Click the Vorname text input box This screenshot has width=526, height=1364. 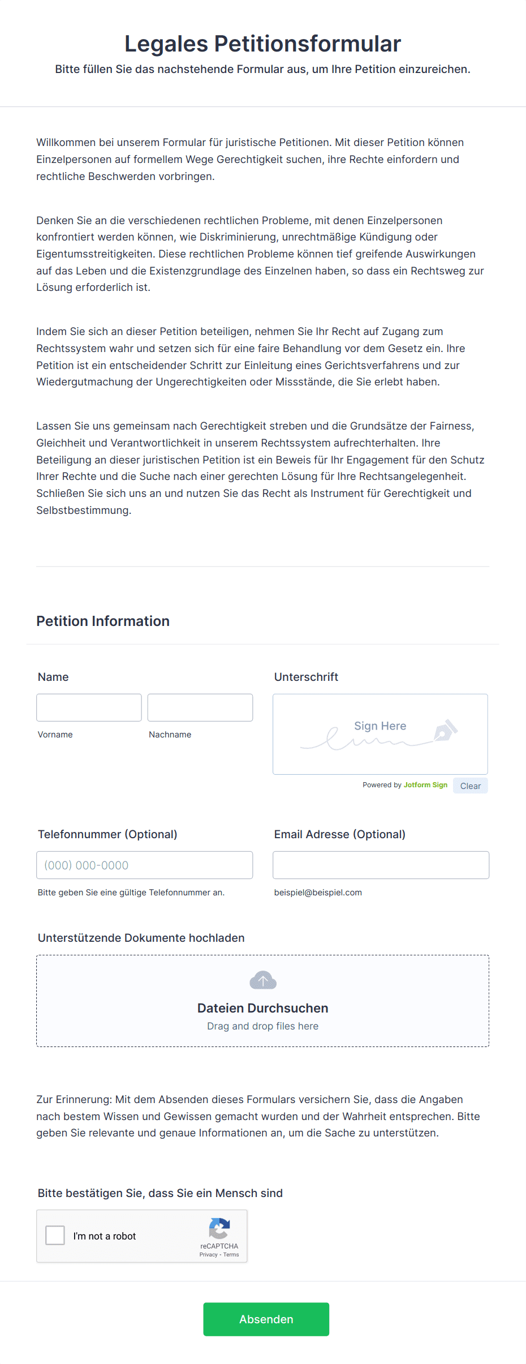click(x=89, y=707)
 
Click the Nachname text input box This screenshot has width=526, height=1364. click(x=200, y=707)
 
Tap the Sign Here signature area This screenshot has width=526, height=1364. click(x=380, y=734)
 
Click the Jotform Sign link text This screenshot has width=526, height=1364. click(x=425, y=785)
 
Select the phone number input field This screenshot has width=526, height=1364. click(x=144, y=865)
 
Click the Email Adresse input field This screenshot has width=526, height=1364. click(x=381, y=865)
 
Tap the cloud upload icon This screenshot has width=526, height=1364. click(x=263, y=980)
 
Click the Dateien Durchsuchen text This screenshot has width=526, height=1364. click(x=263, y=1008)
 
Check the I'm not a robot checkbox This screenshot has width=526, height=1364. click(x=55, y=1235)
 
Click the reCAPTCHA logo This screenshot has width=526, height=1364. click(x=219, y=1228)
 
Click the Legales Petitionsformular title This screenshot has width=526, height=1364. click(x=262, y=44)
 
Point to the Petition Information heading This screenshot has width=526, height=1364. click(x=103, y=621)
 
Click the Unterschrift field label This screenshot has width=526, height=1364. click(x=306, y=677)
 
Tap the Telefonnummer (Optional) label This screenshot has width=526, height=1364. click(x=107, y=834)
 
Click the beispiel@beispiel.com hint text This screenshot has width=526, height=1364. click(x=318, y=893)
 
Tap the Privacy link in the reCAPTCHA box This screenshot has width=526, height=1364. click(x=208, y=1255)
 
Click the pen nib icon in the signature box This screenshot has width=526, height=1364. click(x=445, y=730)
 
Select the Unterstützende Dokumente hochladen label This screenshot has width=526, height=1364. click(x=141, y=938)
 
